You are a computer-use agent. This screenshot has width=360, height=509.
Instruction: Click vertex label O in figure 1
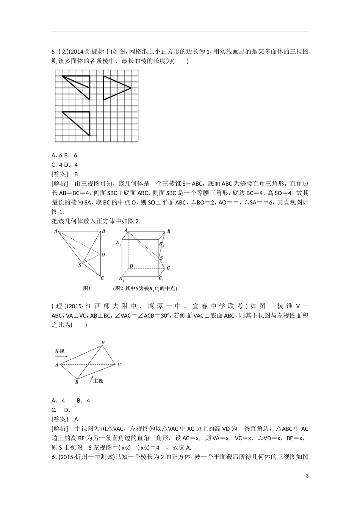point(103,254)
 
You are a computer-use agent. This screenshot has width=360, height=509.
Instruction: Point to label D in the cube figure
point(131,266)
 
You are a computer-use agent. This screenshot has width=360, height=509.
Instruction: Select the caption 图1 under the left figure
point(87,288)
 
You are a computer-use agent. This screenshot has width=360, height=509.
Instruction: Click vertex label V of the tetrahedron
point(103,342)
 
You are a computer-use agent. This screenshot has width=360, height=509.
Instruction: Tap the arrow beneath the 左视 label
point(61,356)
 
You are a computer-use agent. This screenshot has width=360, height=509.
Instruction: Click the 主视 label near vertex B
point(98,380)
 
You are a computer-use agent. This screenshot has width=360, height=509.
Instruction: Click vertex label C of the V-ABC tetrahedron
point(119,364)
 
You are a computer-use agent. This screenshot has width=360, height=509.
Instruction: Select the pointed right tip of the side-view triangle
point(131,88)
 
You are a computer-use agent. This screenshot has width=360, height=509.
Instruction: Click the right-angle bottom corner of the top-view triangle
point(89,135)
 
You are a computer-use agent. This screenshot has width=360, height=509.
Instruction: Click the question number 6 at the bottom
point(53,457)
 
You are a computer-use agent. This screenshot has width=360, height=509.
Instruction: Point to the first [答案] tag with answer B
point(60,174)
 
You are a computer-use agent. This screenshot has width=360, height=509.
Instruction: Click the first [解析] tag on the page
point(60,183)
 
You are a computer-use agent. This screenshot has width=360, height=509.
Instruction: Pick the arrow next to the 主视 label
point(91,379)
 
